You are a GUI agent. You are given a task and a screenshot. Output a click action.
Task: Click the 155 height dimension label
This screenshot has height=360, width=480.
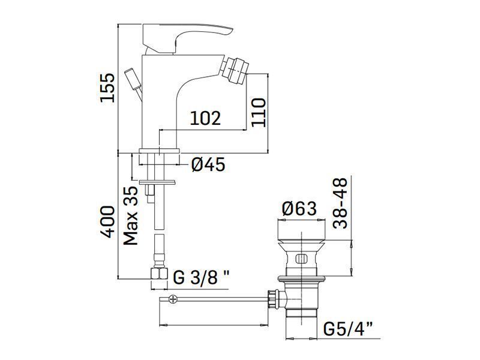[107, 87]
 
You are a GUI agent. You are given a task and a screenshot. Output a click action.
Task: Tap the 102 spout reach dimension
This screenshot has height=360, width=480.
[205, 118]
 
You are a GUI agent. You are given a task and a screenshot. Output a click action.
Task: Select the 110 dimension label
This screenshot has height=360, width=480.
[258, 112]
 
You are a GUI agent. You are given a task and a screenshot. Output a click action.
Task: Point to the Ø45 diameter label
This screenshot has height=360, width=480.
[208, 164]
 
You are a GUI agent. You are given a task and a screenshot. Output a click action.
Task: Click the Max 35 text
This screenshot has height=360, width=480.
[131, 216]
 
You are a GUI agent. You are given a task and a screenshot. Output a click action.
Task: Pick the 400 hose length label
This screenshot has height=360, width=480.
[107, 221]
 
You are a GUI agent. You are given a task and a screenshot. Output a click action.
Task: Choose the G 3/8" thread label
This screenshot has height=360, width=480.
[201, 277]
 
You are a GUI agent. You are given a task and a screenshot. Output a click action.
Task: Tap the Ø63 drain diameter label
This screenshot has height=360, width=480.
[299, 208]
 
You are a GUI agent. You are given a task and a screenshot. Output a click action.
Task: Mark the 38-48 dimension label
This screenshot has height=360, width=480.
[340, 203]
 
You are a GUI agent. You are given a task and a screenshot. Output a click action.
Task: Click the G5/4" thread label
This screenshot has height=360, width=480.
[348, 329]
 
